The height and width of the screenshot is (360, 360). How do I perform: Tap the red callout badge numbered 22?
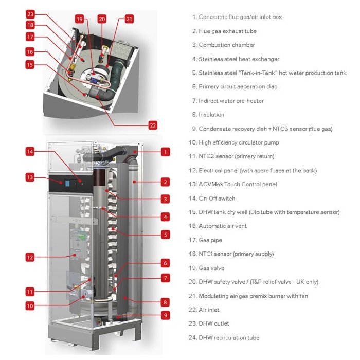click(x=152, y=125)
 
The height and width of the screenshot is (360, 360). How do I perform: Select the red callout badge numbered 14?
click(x=30, y=151)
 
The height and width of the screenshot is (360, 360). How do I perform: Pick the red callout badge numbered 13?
click(x=30, y=177)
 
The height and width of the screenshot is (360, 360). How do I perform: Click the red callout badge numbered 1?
click(x=165, y=151)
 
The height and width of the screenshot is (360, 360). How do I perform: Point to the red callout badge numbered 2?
click(x=165, y=182)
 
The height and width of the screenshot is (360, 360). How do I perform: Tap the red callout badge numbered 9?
click(x=165, y=315)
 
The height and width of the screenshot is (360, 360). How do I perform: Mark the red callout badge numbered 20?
click(x=102, y=19)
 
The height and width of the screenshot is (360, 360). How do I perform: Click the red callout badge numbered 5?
click(x=165, y=235)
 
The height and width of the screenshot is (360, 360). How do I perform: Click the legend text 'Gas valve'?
click(x=211, y=268)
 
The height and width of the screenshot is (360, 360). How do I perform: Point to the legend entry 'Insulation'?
click(x=211, y=115)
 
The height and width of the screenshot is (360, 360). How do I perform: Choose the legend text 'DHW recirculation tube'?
click(x=229, y=338)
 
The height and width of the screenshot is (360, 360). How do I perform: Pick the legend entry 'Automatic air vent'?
click(x=224, y=226)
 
